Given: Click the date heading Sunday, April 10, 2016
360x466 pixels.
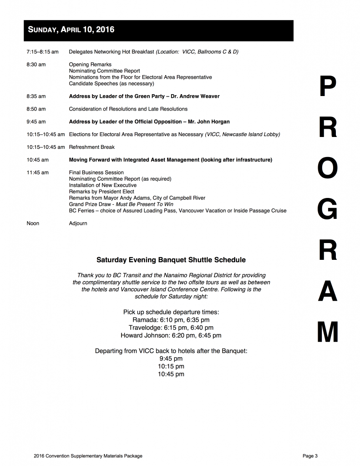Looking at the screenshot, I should [x=71, y=30].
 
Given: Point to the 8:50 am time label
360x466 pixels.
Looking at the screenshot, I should [x=36, y=109].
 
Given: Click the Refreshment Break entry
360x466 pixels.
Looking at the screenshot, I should [x=91, y=147].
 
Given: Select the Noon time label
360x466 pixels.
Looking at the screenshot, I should [x=33, y=223].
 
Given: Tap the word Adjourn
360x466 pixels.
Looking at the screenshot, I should [x=78, y=223].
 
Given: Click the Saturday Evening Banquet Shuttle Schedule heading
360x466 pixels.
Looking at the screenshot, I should [x=171, y=260].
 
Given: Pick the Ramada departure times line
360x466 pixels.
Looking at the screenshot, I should [x=171, y=320].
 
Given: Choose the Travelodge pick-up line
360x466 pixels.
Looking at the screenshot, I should [x=171, y=328].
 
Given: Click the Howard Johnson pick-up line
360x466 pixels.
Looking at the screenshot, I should [x=171, y=335].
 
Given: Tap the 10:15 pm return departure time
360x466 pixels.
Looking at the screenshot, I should [x=171, y=366].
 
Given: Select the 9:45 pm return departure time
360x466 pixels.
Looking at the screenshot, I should [x=171, y=359].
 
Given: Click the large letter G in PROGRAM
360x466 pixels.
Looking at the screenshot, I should [x=328, y=211].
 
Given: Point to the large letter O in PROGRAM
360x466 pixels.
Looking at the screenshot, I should [x=328, y=170].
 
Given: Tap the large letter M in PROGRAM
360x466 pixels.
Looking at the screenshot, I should [x=328, y=332].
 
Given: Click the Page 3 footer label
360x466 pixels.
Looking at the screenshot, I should [x=310, y=456].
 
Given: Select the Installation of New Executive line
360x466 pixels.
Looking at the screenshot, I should [x=102, y=185].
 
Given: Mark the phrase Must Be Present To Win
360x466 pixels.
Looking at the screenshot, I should [x=144, y=204].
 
